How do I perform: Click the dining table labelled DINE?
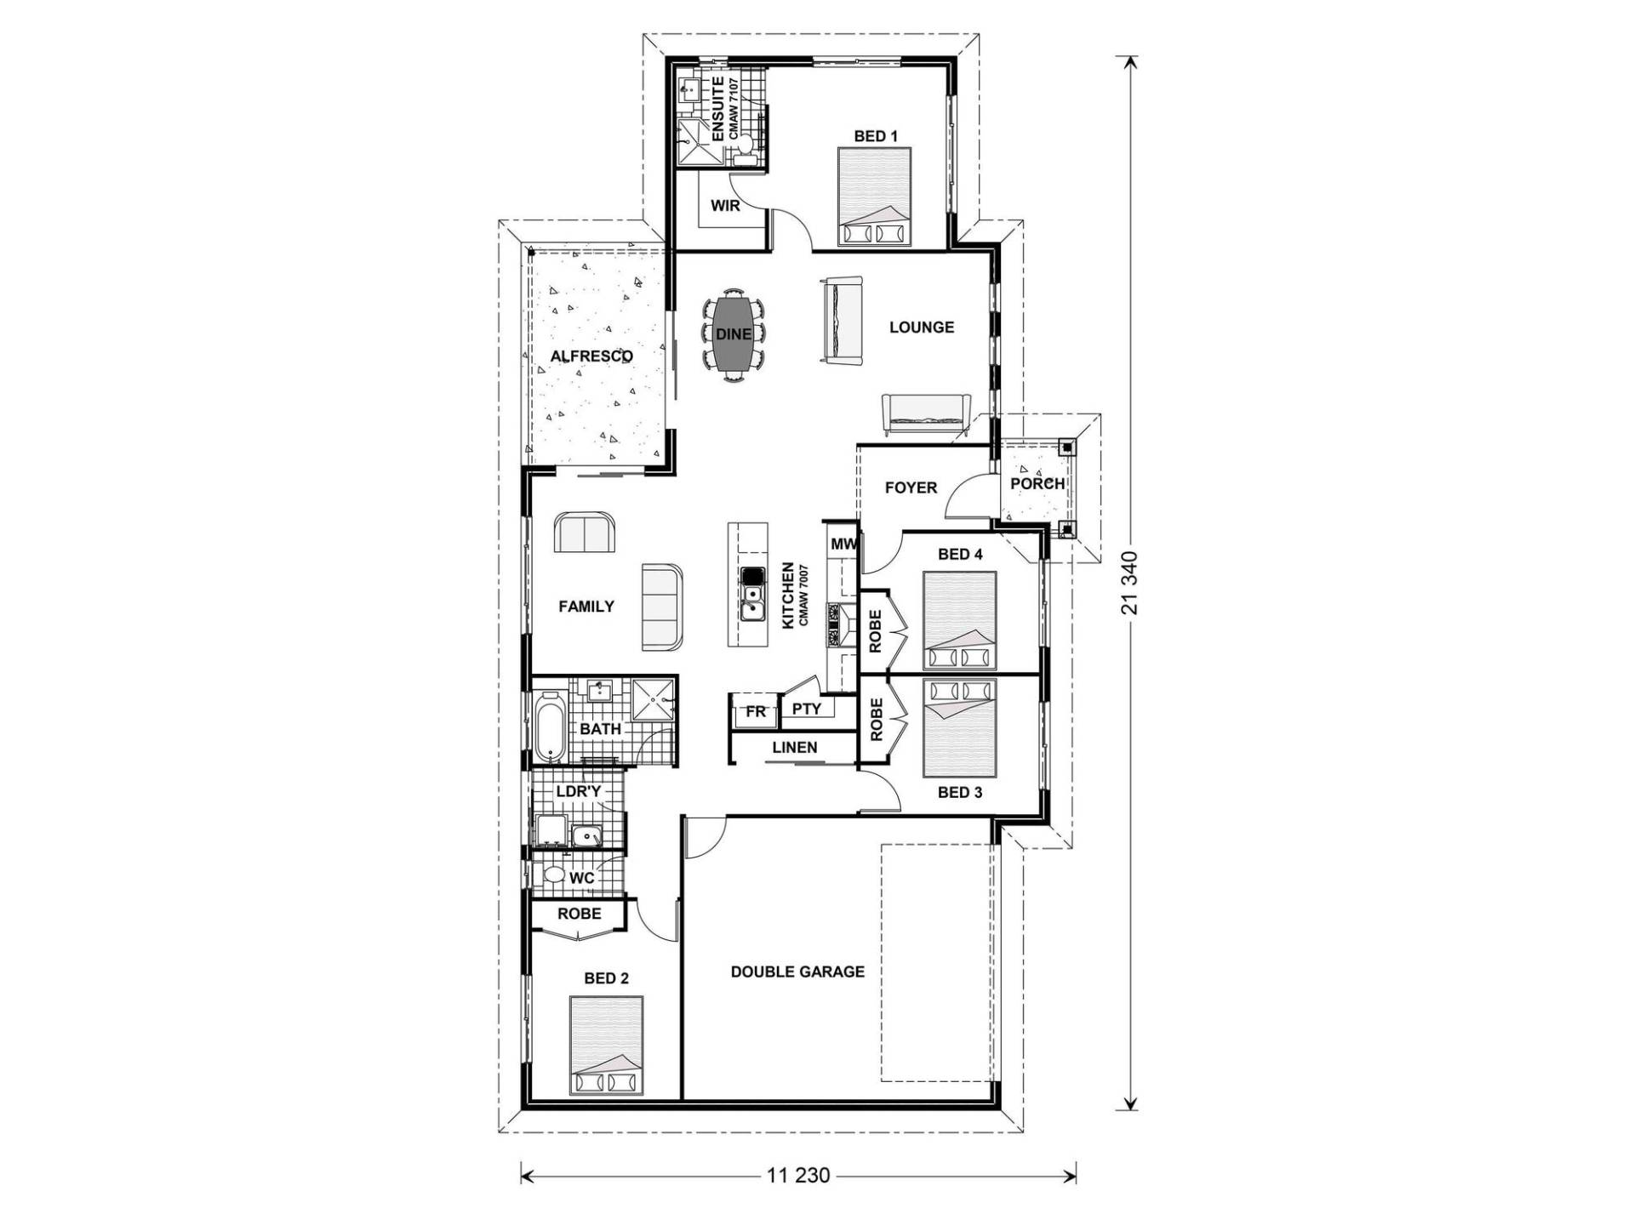[733, 333]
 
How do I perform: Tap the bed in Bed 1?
[874, 197]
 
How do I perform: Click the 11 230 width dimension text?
[797, 1177]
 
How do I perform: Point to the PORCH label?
[1037, 483]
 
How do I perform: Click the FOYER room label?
[911, 487]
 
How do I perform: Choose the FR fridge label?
[756, 712]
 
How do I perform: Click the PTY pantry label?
[806, 709]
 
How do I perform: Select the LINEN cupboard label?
[795, 748]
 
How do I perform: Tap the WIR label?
[725, 205]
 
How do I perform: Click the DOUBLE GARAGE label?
[797, 971]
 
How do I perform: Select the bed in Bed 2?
[606, 1046]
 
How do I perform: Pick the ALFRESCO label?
[591, 356]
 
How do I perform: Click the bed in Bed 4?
[959, 621]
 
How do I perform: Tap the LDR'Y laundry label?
[579, 791]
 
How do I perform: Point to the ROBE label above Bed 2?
[579, 914]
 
